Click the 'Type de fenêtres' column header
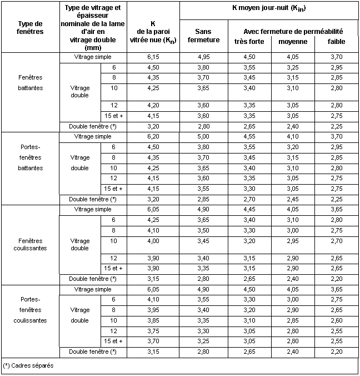coord(30,28)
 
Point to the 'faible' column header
coord(336,42)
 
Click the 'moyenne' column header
coord(293,42)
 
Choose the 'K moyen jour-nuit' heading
coord(269,9)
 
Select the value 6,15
coord(153,57)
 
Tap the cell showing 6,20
coord(153,136)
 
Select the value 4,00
coord(153,241)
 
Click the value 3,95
coord(153,310)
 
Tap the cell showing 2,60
coord(336,320)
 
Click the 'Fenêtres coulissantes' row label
coord(30,244)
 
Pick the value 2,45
coord(293,199)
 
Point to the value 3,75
coord(153,331)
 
